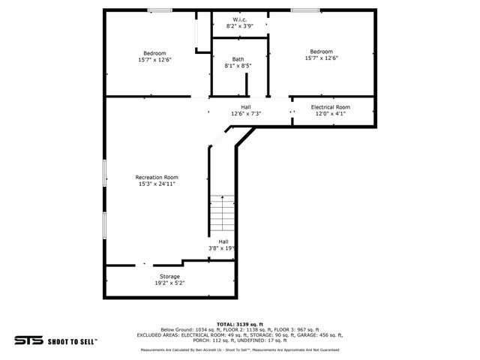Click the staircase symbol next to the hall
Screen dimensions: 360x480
point(223,213)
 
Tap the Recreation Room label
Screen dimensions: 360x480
point(157,177)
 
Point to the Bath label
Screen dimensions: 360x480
point(238,59)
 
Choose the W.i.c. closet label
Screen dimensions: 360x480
point(240,19)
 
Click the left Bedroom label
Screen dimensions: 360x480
point(154,53)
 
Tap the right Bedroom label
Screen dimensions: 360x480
point(322,52)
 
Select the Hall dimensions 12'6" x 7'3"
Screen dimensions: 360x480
point(245,114)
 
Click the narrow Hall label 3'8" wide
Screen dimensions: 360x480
point(223,241)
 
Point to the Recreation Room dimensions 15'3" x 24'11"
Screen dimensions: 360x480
point(157,184)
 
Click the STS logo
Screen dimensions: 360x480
point(28,340)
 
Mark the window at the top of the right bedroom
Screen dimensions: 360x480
point(302,10)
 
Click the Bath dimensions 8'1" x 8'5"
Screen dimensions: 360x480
point(238,66)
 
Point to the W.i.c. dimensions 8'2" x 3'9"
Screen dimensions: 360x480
point(240,26)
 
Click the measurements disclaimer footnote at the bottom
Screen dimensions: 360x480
point(240,349)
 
